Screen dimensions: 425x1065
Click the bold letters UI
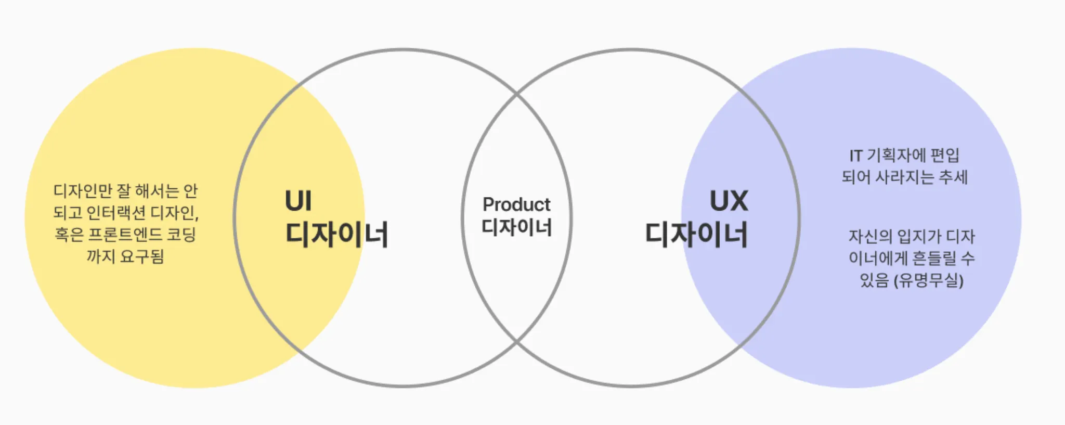[x=298, y=201]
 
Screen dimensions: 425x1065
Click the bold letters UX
[x=729, y=201]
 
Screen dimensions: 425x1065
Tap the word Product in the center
[x=516, y=204]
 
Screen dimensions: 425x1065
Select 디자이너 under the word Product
[x=516, y=227]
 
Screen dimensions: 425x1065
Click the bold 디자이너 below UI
[x=337, y=235]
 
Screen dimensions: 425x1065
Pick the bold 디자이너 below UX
[x=696, y=235]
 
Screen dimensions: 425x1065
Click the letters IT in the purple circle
[x=856, y=156]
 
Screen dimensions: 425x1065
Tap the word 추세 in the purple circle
[x=953, y=177]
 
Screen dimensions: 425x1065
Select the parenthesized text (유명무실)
[x=929, y=281]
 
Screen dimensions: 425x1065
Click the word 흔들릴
[x=934, y=259]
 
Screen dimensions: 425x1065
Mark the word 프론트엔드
[x=125, y=235]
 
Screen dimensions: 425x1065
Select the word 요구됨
[x=142, y=256]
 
